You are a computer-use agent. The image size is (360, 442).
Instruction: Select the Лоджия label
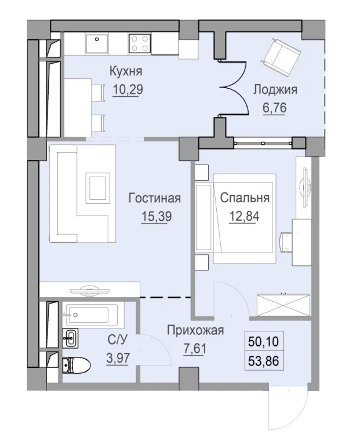(x=275, y=89)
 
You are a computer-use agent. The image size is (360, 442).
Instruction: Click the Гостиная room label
(x=155, y=198)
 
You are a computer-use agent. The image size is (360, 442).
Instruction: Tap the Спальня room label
(x=245, y=198)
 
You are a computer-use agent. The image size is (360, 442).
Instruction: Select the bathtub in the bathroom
(x=93, y=315)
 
